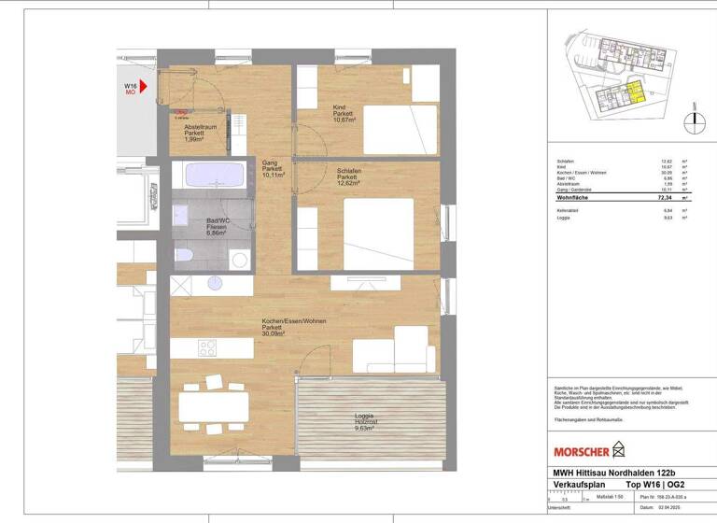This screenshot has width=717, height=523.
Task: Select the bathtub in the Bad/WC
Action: (214, 176)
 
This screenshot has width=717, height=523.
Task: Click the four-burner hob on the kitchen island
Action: (206, 347)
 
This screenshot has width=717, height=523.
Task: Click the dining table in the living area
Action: (214, 404)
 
